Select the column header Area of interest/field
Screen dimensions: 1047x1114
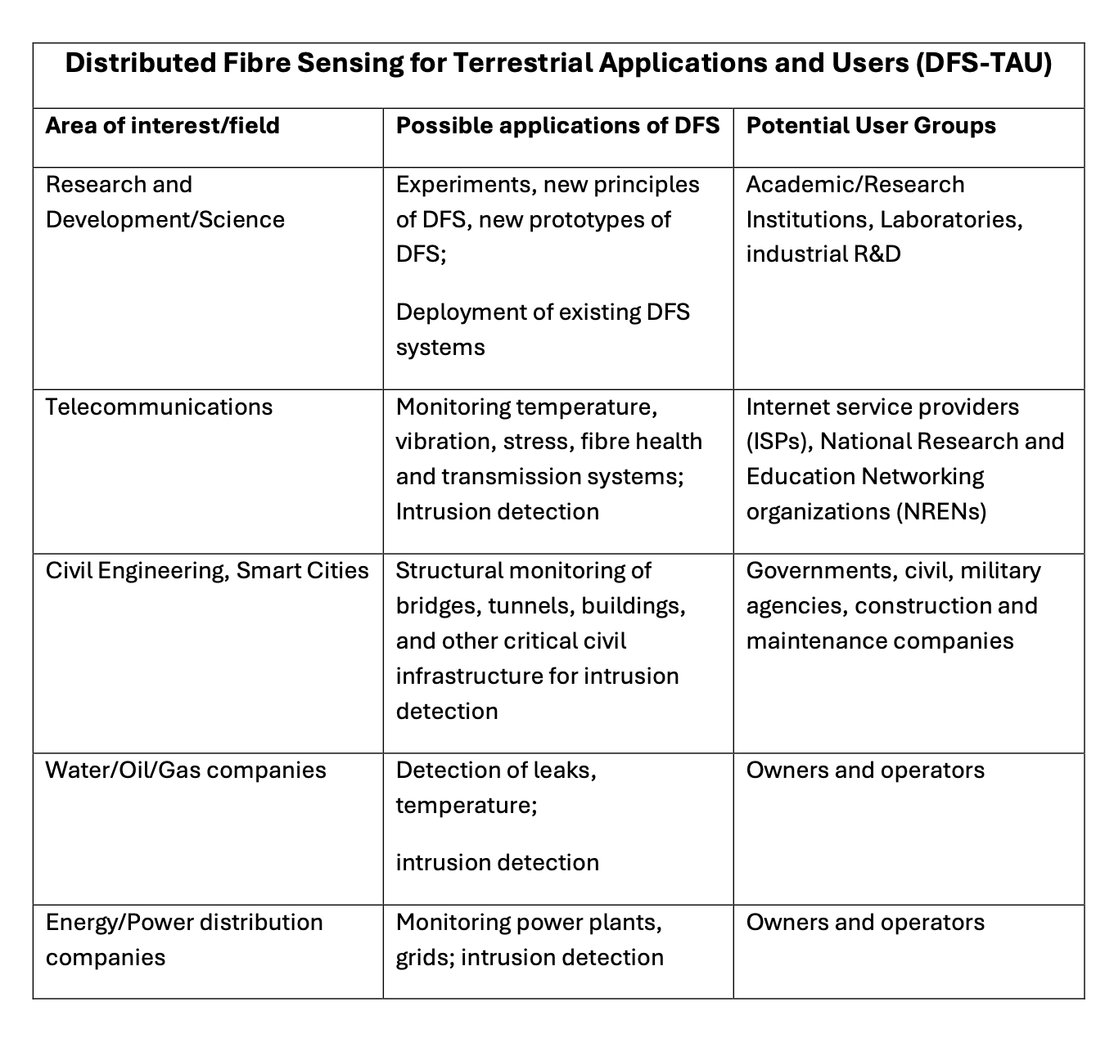coord(162,125)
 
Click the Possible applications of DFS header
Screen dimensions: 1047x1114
coord(557,125)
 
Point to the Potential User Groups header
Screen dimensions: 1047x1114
coord(871,125)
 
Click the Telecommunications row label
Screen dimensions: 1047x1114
coord(159,407)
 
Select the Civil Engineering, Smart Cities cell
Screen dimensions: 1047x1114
coord(207,570)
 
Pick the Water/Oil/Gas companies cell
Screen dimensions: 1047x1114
coord(186,770)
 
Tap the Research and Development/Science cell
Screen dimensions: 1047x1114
coord(165,202)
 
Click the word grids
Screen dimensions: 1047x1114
coord(422,958)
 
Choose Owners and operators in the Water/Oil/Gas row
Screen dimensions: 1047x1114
coord(865,770)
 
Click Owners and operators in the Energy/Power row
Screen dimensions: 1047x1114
coord(865,922)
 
